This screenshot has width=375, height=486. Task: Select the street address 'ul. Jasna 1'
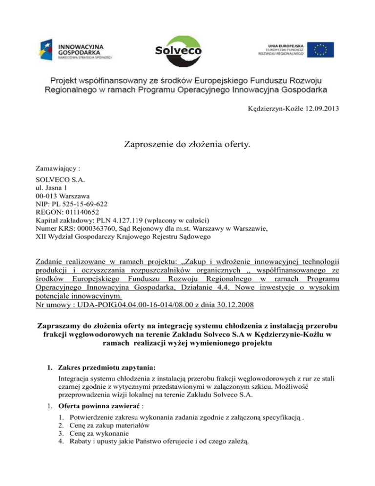pyautogui.click(x=53, y=188)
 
